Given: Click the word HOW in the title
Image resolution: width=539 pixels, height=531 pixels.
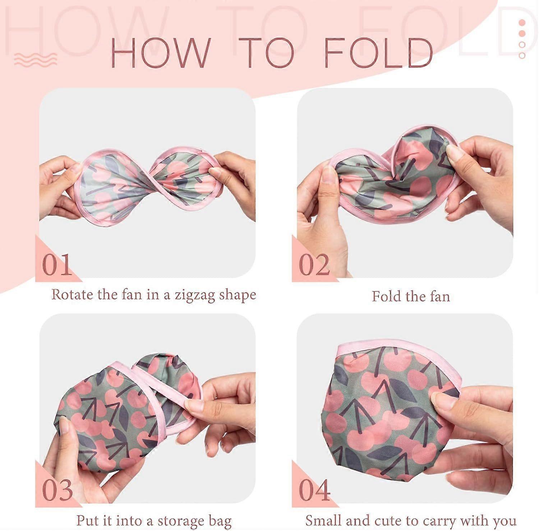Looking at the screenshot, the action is pos(160,53).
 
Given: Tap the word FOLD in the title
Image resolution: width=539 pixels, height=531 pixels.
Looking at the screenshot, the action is pos(378,53).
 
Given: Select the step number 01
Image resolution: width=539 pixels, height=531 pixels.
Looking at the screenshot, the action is pos(57,265).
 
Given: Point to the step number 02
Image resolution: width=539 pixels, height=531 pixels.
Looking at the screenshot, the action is pos(314,265).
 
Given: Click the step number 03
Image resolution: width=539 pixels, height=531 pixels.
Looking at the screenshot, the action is pos(57,490).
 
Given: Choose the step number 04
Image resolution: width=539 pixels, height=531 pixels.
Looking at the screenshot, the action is pos(314,490).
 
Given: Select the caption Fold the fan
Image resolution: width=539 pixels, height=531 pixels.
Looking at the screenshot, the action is pos(411,296).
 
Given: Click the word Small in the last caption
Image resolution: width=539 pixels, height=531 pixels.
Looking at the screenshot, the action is pos(322,520).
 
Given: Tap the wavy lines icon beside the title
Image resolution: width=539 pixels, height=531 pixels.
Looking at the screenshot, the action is pos(36,59).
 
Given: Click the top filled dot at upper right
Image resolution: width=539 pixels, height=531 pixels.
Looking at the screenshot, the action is pos(522,23).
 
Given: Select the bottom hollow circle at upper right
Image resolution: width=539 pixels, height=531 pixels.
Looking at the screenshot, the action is pos(522,55).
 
